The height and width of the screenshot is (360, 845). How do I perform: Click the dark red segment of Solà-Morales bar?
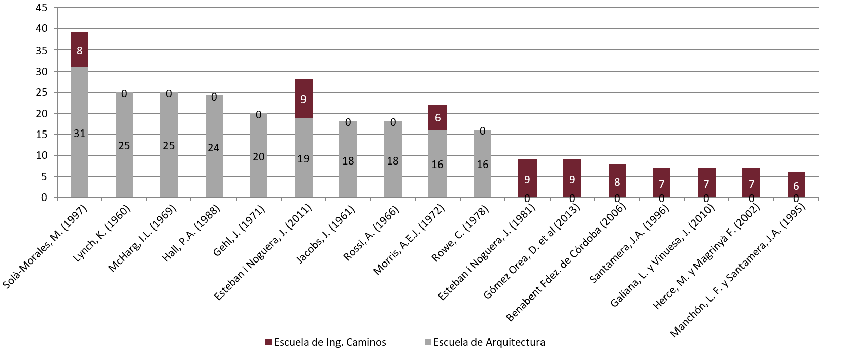coord(79,50)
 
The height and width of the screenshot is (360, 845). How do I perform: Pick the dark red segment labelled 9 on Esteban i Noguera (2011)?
coord(303,99)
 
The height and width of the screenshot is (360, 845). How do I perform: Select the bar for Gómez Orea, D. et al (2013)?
coord(572,178)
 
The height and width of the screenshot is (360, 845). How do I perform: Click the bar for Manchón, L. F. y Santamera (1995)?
coord(796,185)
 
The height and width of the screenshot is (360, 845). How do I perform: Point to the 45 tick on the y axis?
coord(42,8)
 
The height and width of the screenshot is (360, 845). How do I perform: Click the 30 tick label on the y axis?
coord(42,71)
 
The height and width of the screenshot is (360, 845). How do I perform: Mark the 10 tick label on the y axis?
coord(42,155)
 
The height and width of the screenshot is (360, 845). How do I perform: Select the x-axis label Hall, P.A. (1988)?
coord(191,234)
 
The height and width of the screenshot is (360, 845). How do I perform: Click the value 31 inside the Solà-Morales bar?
coord(79,134)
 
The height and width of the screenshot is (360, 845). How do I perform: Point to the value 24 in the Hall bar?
coord(214,148)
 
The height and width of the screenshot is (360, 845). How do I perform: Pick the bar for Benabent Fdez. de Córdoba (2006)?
coord(617,181)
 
